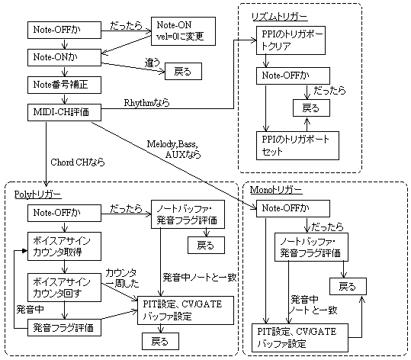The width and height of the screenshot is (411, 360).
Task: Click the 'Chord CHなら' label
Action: tap(76, 162)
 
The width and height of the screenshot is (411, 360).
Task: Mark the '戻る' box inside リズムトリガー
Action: tap(306, 107)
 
